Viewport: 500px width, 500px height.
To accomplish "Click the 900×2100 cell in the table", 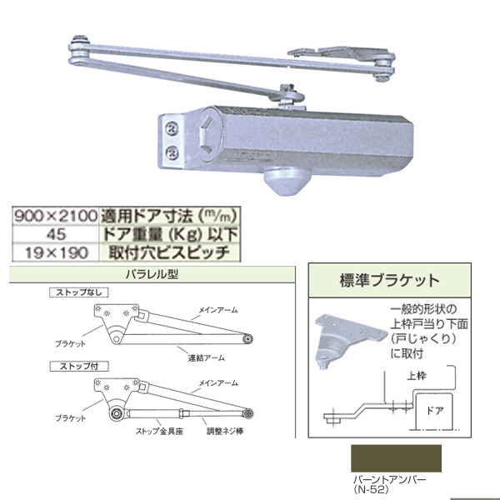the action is [56, 216].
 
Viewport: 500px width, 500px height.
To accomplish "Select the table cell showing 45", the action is [57, 234].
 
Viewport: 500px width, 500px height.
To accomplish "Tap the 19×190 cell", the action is [57, 252].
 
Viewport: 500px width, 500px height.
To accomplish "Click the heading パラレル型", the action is [152, 274].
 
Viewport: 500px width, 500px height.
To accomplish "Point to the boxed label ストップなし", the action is [79, 292].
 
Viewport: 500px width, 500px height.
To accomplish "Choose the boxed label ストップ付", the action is [79, 366].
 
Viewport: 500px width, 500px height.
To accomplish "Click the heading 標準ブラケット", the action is [390, 281].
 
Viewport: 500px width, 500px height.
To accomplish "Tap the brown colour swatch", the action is [396, 458].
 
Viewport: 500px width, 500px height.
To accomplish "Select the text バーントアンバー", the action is [389, 480].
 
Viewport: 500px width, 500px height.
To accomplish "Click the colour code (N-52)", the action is [371, 489].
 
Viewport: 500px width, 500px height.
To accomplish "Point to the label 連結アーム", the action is [207, 358].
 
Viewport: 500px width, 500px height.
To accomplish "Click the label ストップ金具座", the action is [159, 432].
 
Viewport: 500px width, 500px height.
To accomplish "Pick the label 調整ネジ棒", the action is [225, 432].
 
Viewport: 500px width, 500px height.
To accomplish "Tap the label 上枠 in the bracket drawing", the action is [417, 377].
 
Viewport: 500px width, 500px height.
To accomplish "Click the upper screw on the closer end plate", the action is [172, 128].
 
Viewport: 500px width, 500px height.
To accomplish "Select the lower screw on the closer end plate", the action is [172, 153].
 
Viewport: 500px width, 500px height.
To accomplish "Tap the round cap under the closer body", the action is [287, 181].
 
